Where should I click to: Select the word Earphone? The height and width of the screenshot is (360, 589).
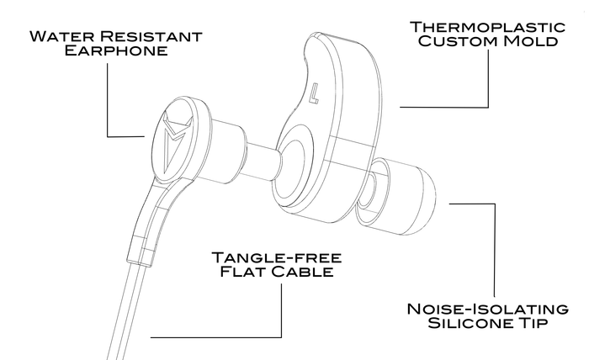pyautogui.click(x=109, y=52)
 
